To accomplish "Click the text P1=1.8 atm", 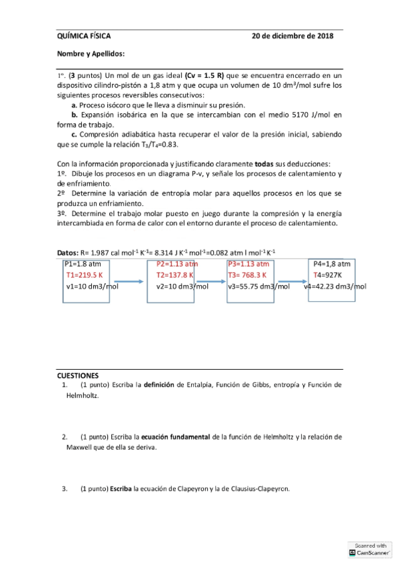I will coord(83,263).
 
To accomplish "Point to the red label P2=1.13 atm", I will coord(178,263).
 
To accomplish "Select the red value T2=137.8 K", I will coord(175,275).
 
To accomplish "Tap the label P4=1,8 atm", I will coord(332,263).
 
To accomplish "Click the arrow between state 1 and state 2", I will coord(124,282).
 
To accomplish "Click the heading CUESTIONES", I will coord(78,376).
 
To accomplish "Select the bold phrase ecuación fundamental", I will coord(175,437).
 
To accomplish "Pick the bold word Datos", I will coord(67,253).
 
